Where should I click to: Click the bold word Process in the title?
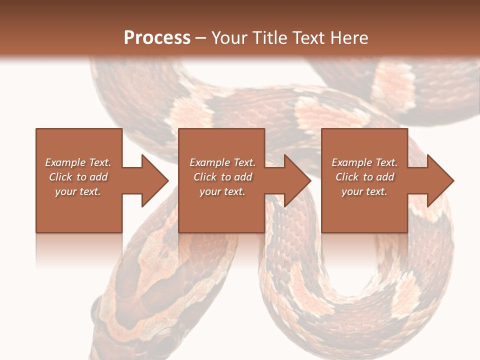tap(157, 38)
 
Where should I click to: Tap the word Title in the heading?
tap(271, 38)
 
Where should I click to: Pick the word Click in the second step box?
tap(205, 177)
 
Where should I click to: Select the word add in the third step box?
tap(385, 177)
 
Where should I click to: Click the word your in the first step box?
tap(65, 191)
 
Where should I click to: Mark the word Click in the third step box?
tap(347, 177)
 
